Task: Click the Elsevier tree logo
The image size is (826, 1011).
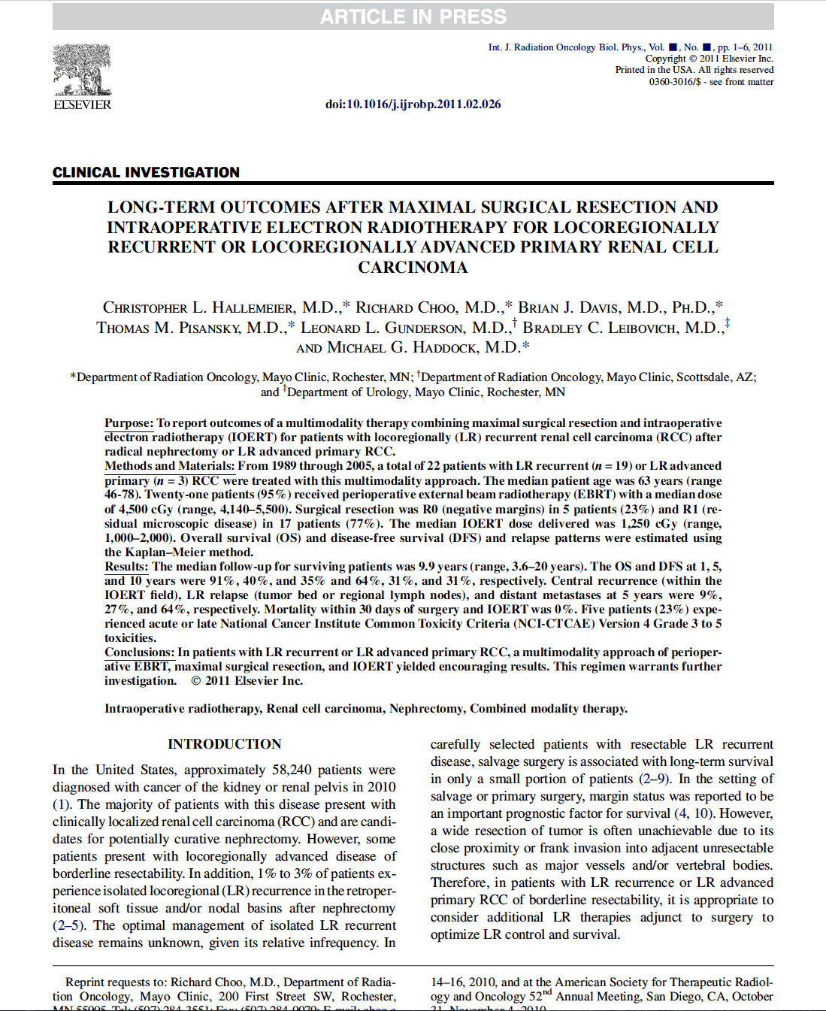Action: (82, 70)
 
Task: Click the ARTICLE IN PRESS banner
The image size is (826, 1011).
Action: (413, 17)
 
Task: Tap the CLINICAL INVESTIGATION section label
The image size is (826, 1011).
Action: (146, 172)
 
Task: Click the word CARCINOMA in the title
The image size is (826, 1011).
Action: (413, 268)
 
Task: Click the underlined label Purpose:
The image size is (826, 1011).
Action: (129, 423)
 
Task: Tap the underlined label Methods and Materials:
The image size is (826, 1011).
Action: (169, 466)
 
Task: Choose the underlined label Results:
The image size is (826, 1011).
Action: (126, 567)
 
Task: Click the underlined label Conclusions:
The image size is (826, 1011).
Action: (139, 652)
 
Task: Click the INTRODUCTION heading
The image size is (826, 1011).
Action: (224, 744)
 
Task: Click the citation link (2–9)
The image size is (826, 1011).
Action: (655, 779)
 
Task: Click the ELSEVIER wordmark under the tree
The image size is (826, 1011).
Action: (82, 105)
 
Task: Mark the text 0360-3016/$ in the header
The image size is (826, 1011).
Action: (674, 81)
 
